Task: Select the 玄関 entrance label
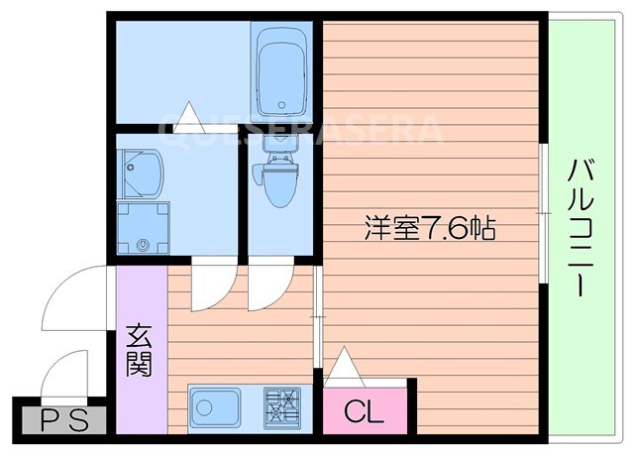coord(139,352)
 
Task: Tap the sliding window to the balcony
coord(544,212)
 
